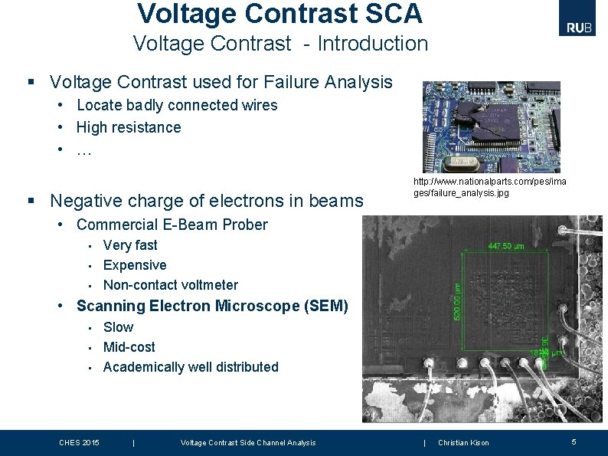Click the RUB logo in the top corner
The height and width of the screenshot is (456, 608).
(580, 28)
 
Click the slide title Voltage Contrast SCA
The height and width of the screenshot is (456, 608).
(279, 13)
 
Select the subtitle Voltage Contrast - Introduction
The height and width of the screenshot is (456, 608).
(280, 44)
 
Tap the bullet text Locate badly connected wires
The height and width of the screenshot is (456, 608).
(177, 105)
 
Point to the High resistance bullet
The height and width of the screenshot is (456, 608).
(129, 127)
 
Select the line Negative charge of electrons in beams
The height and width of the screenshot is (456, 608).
(206, 201)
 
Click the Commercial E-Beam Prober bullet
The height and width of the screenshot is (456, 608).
(172, 225)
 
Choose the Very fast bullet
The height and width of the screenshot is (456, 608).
(130, 245)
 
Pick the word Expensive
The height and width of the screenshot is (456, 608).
(135, 265)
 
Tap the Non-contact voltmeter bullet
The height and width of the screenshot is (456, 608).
(170, 285)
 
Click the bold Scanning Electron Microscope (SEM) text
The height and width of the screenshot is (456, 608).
(212, 307)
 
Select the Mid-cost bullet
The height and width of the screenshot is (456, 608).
(129, 347)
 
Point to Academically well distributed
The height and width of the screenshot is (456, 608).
(191, 367)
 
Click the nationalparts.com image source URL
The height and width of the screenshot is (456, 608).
(490, 187)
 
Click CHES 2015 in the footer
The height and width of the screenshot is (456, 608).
(79, 443)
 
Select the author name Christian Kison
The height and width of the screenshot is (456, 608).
(463, 443)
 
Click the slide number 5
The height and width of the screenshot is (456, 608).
(574, 442)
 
